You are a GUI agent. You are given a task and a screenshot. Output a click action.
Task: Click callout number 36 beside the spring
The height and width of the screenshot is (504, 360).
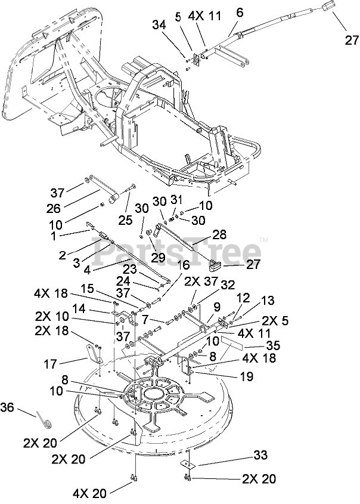click(x=7, y=407)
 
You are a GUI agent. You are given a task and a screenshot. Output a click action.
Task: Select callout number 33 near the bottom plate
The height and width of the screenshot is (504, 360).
click(x=259, y=456)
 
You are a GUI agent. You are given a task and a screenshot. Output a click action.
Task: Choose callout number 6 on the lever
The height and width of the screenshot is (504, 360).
click(x=239, y=13)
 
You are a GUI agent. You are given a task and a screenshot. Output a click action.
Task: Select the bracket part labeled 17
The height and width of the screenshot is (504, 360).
click(x=94, y=354)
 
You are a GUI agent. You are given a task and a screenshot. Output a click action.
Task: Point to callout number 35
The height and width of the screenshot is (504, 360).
click(x=273, y=345)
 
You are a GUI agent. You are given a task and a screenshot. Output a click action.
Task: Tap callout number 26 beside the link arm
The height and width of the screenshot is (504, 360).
click(x=53, y=209)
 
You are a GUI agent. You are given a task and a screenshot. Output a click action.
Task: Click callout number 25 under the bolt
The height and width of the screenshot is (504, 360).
click(x=125, y=220)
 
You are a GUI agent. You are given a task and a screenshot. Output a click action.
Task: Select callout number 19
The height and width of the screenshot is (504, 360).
click(x=247, y=376)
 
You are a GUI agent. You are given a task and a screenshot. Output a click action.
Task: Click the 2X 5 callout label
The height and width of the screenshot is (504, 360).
click(x=275, y=321)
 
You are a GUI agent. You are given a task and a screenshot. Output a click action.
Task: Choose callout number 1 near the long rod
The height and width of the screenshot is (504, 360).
click(x=53, y=236)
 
